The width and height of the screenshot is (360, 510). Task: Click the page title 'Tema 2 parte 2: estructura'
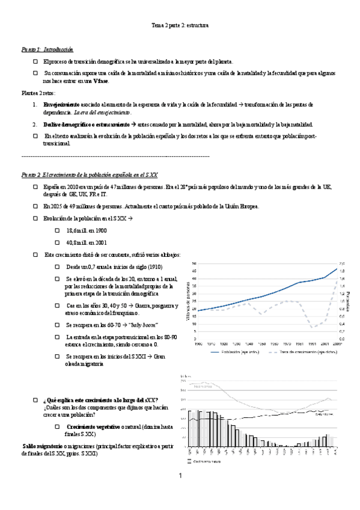click(x=179, y=26)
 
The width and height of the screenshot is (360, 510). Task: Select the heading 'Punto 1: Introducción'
click(x=47, y=49)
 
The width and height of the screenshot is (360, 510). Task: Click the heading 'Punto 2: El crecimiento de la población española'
click(x=90, y=174)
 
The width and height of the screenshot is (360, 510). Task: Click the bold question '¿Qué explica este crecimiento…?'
click(x=101, y=400)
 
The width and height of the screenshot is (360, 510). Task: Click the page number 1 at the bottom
click(x=180, y=476)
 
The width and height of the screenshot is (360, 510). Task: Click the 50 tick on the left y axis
click(x=194, y=264)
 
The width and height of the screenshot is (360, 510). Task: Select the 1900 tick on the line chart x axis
click(x=199, y=343)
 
